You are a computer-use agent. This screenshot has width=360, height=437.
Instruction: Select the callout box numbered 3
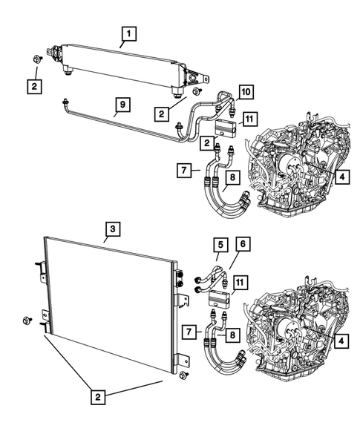click(x=109, y=229)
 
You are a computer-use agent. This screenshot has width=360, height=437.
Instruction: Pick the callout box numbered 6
click(x=242, y=263)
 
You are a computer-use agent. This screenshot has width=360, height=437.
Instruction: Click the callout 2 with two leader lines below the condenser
click(x=97, y=397)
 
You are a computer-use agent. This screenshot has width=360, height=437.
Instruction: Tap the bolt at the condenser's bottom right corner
click(x=186, y=375)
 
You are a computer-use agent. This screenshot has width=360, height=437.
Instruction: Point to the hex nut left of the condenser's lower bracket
click(x=27, y=321)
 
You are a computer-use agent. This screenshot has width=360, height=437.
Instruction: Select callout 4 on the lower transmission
click(x=341, y=341)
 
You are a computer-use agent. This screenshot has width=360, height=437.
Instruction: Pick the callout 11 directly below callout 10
click(x=249, y=118)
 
